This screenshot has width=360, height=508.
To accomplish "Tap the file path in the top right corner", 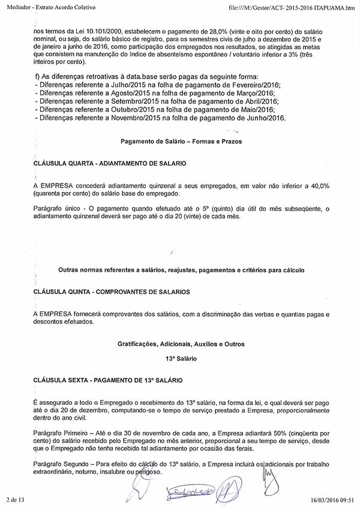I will [x=292, y=6].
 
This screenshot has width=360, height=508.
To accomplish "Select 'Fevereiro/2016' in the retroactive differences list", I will [x=244, y=86].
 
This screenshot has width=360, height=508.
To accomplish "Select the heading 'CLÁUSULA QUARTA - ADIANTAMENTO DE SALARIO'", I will [x=110, y=163].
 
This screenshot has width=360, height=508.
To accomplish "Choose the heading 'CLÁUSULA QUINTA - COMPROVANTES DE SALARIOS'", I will [x=112, y=291].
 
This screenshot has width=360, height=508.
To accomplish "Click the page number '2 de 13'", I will [x=15, y=500].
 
